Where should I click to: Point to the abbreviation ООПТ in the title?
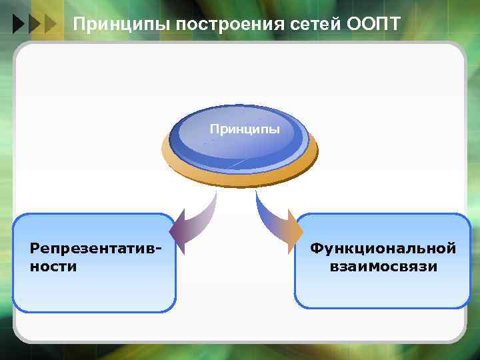pyautogui.click(x=374, y=25)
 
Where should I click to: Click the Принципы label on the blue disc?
pyautogui.click(x=245, y=127)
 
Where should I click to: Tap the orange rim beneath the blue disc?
pyautogui.click(x=240, y=175)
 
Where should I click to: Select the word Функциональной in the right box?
pyautogui.click(x=383, y=249)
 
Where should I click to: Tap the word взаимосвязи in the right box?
pyautogui.click(x=383, y=267)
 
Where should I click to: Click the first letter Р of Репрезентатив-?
pyautogui.click(x=35, y=249)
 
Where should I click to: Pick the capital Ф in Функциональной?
pyautogui.click(x=315, y=249)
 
